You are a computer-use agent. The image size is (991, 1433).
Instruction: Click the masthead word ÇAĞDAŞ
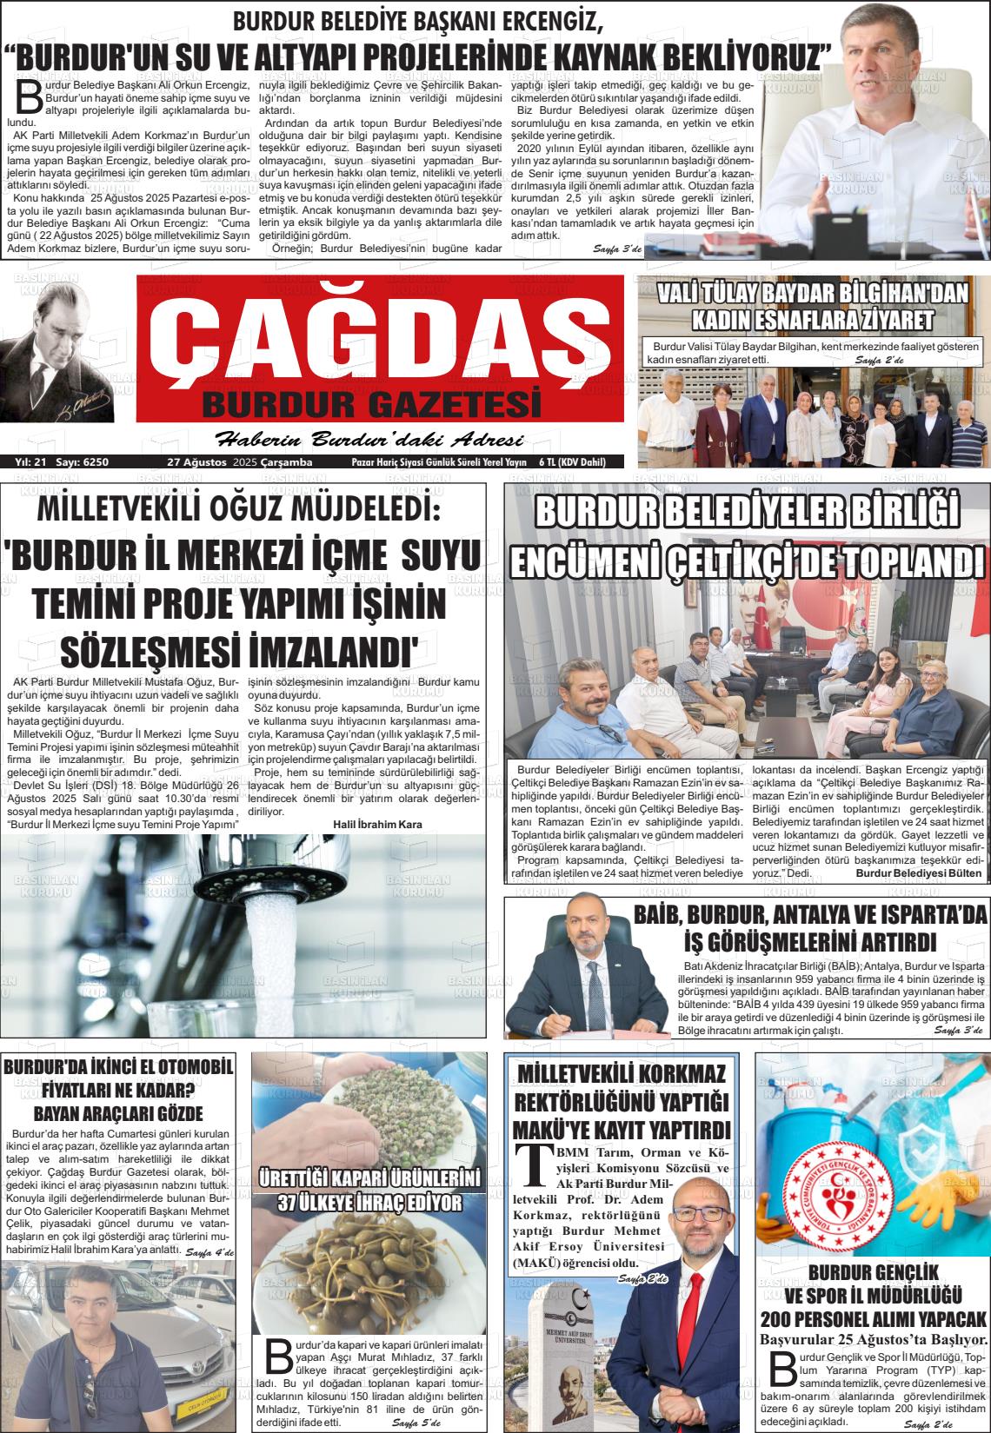pos(381,339)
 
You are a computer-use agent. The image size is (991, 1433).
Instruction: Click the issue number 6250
pos(96,461)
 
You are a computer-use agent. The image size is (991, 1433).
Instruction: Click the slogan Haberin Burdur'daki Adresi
pos(369,438)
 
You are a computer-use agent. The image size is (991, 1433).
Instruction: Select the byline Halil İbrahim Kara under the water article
pos(377,824)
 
